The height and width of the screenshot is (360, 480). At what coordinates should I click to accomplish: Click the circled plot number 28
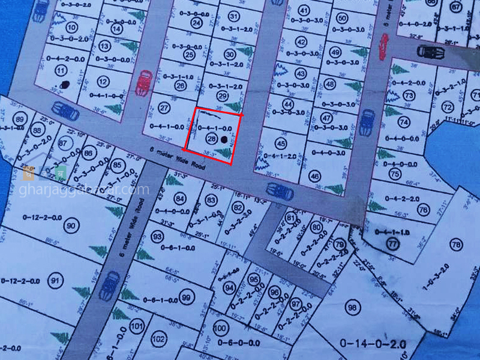click(211, 139)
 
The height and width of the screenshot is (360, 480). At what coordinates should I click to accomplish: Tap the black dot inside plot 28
click(224, 139)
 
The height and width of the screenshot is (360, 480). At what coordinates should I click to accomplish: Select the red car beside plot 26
click(144, 83)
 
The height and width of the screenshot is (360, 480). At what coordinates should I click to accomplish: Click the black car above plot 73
click(430, 52)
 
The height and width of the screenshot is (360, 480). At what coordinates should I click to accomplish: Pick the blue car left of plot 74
click(365, 123)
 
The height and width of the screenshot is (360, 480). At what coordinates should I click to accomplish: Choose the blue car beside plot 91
click(110, 286)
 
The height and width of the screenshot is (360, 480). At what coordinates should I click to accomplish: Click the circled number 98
click(352, 307)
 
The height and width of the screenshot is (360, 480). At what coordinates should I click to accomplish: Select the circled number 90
click(72, 226)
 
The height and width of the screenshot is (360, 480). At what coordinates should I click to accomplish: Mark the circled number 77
click(393, 244)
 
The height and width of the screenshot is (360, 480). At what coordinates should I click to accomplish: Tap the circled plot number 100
click(221, 328)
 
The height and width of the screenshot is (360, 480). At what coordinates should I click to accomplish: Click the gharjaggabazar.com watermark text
click(83, 190)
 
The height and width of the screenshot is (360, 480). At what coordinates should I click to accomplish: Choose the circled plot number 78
click(456, 245)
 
